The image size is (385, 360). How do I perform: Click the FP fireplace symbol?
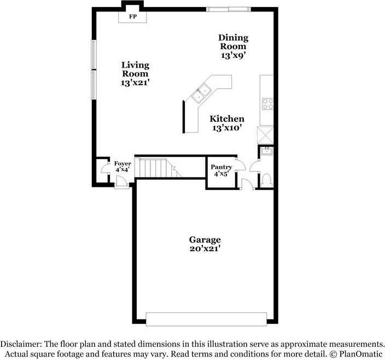132,17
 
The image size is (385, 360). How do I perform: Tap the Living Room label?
135,74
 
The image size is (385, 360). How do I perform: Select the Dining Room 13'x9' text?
234,46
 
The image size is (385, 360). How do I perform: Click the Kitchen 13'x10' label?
227,123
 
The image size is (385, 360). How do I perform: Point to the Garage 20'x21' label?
205,244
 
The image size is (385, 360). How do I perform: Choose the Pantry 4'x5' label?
221,170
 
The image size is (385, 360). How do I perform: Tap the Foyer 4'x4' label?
122,167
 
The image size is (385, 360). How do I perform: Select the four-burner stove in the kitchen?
267,103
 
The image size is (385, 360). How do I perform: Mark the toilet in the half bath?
266,179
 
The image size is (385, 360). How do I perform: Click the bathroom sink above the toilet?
266,152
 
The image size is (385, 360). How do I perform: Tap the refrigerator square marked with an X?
266,133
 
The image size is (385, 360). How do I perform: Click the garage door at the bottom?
206,320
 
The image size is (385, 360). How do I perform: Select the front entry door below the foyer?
122,187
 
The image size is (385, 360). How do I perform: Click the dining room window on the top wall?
229,8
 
